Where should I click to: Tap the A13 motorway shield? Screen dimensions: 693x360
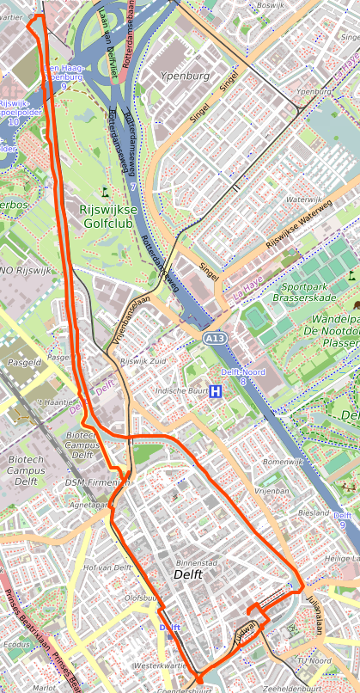pos(215,340)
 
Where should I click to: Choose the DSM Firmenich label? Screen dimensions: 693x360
pos(97,483)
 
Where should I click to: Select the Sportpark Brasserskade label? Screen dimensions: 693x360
pos(316,291)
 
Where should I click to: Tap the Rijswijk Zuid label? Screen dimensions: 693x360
pos(142,361)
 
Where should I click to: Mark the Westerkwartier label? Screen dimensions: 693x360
pos(161,665)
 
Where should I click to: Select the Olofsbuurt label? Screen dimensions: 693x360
pos(143,597)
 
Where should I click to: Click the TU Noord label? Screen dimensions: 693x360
pos(314,660)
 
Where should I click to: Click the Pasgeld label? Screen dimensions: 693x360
pos(24,363)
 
